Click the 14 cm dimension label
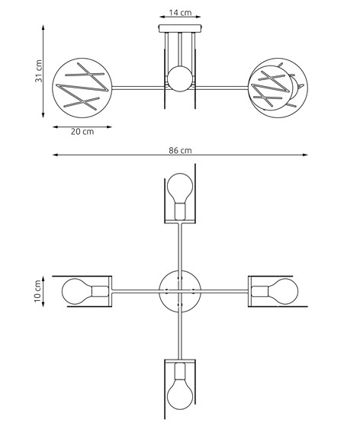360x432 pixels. click(181, 13)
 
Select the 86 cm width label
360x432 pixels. click(180, 150)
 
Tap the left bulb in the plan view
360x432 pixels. click(79, 290)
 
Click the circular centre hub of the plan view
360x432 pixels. click(180, 290)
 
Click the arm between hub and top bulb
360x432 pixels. click(180, 248)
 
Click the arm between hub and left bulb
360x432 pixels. click(137, 290)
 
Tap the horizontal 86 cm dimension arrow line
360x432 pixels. click(114, 155)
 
